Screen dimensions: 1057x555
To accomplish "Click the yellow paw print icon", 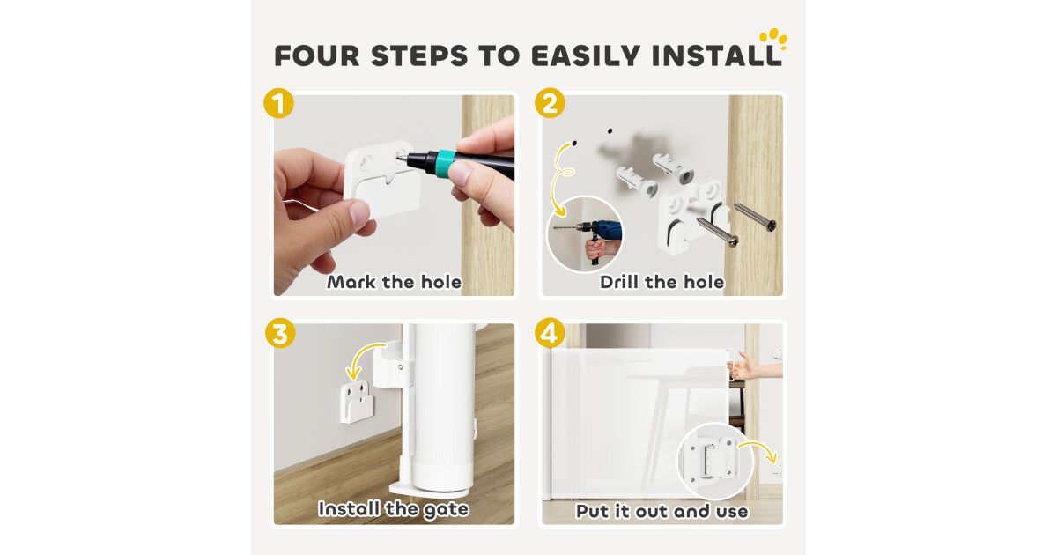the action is click(x=773, y=39).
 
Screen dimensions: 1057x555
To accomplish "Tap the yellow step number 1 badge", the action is click(x=279, y=103).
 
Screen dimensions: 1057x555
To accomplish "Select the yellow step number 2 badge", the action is click(x=550, y=103).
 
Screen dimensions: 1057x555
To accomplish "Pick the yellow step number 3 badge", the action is click(x=280, y=334).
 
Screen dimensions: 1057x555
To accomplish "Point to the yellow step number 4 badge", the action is click(x=550, y=334).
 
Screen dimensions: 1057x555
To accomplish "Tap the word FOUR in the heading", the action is click(x=317, y=55).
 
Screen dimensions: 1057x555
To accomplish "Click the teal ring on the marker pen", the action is click(x=446, y=163).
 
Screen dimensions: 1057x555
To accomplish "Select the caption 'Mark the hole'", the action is click(x=395, y=282).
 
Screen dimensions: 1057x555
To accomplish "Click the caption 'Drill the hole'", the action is click(x=662, y=282).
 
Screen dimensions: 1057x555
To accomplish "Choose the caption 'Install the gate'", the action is click(x=394, y=509).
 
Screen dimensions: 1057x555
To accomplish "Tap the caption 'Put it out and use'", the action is click(x=662, y=511).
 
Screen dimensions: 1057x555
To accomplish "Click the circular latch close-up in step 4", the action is click(x=715, y=462).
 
